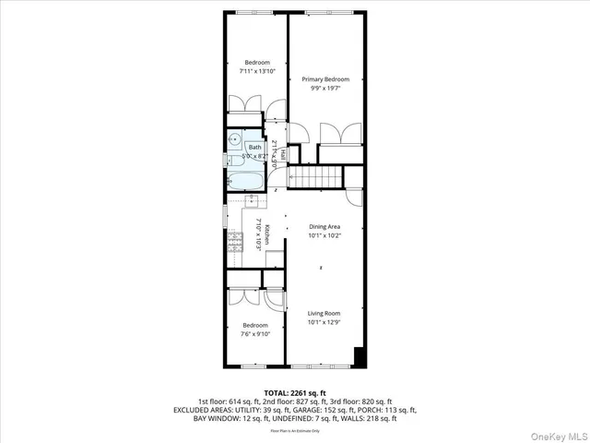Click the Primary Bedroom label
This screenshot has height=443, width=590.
coord(325,79)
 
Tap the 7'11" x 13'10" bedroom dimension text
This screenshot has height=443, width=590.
coord(257,71)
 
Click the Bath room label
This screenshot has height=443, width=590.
coord(254,148)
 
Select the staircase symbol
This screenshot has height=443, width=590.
coord(316,176)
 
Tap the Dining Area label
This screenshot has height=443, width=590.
coord(324,226)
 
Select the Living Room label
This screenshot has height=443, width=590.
coord(324,314)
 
